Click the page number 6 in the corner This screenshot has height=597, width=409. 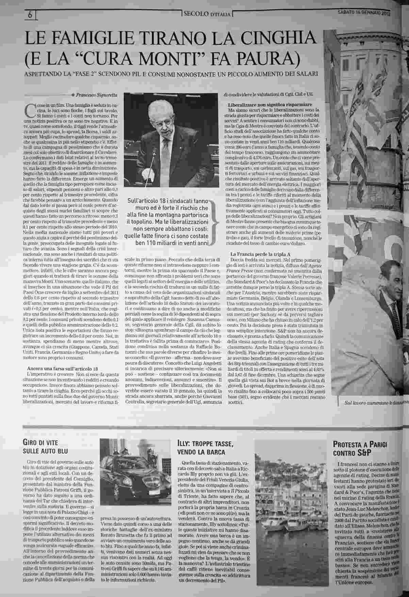click(30, 15)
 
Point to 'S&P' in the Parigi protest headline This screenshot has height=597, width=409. click(363, 453)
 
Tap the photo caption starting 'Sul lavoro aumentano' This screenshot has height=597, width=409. click(374, 403)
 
